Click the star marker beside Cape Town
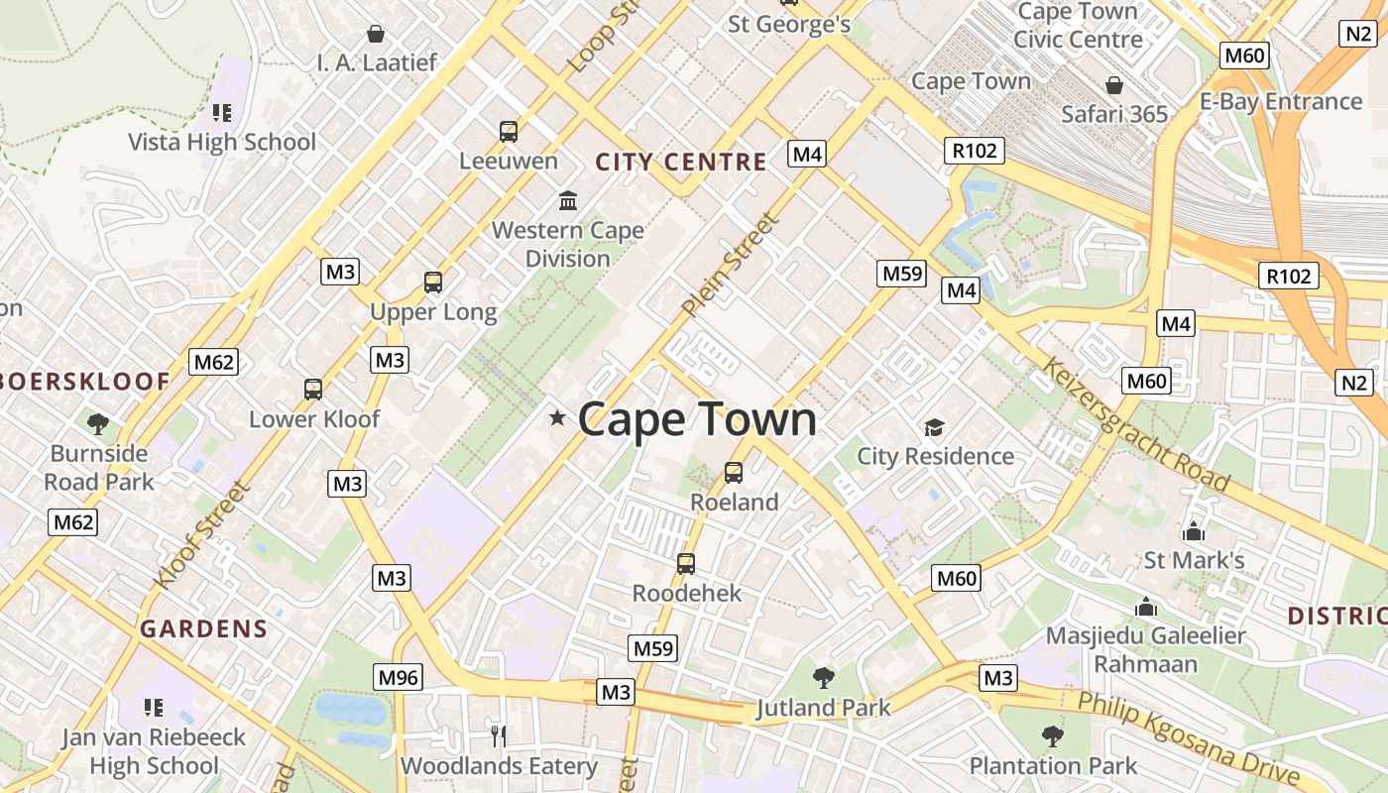(x=557, y=418)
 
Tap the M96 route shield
(x=399, y=678)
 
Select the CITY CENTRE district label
(x=681, y=162)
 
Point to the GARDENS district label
(x=203, y=628)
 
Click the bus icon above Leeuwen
(x=509, y=131)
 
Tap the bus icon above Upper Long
(x=433, y=283)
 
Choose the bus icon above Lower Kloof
(x=313, y=390)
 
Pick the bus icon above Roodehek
(x=685, y=564)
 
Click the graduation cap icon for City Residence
(x=934, y=427)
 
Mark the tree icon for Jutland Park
(x=823, y=679)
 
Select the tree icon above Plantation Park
(x=1052, y=736)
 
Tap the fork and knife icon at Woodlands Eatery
(x=499, y=736)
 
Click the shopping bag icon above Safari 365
(x=1114, y=85)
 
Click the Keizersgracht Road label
(x=1136, y=425)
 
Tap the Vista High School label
(x=222, y=142)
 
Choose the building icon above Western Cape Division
(x=568, y=201)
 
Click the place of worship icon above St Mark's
(x=1194, y=531)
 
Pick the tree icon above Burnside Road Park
(x=98, y=425)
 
